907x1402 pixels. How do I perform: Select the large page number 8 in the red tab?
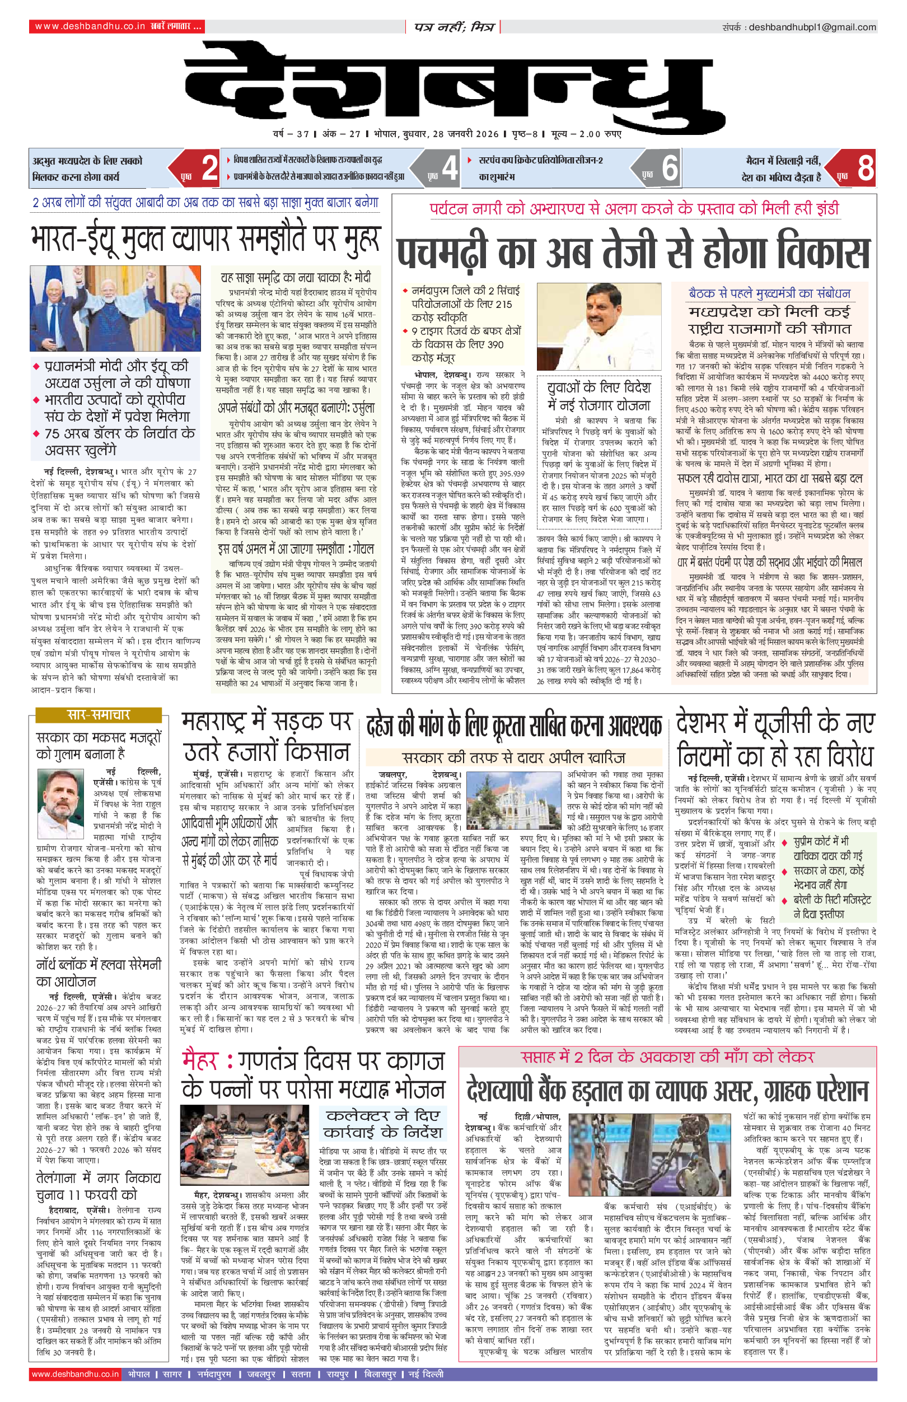tap(864, 169)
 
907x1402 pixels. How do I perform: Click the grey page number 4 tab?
tap(450, 169)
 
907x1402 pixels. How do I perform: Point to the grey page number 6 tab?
tap(670, 169)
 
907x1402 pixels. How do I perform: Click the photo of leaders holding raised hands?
tap(115, 308)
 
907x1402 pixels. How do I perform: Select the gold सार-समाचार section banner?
tap(99, 715)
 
